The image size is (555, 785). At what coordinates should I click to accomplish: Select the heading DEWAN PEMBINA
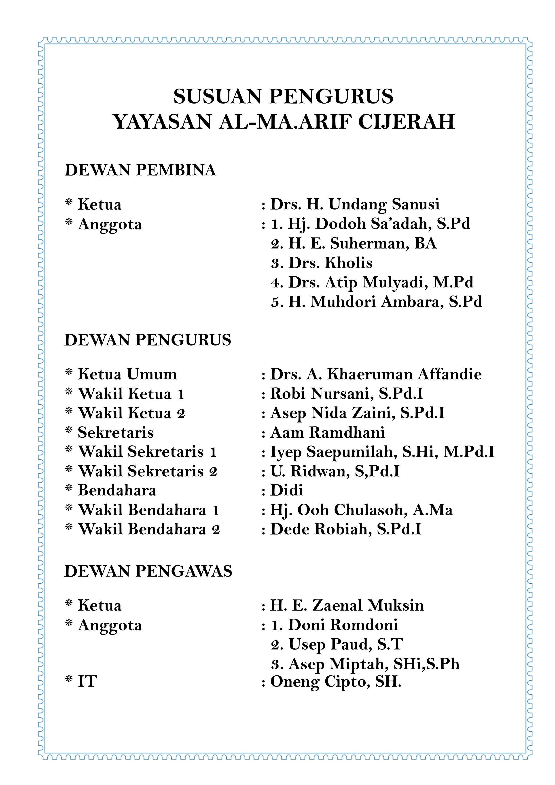tap(140, 170)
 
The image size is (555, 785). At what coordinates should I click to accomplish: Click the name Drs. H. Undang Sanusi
tap(355, 204)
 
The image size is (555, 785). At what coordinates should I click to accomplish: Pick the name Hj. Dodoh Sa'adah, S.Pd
tap(379, 224)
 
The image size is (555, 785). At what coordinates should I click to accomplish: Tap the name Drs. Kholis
tap(330, 263)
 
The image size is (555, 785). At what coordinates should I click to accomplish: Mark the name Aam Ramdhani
tap(327, 433)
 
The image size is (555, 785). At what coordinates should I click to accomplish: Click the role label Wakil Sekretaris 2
tap(147, 471)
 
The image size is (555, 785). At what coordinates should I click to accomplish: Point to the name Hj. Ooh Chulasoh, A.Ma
tap(361, 510)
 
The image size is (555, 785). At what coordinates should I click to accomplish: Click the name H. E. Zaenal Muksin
tap(347, 605)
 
